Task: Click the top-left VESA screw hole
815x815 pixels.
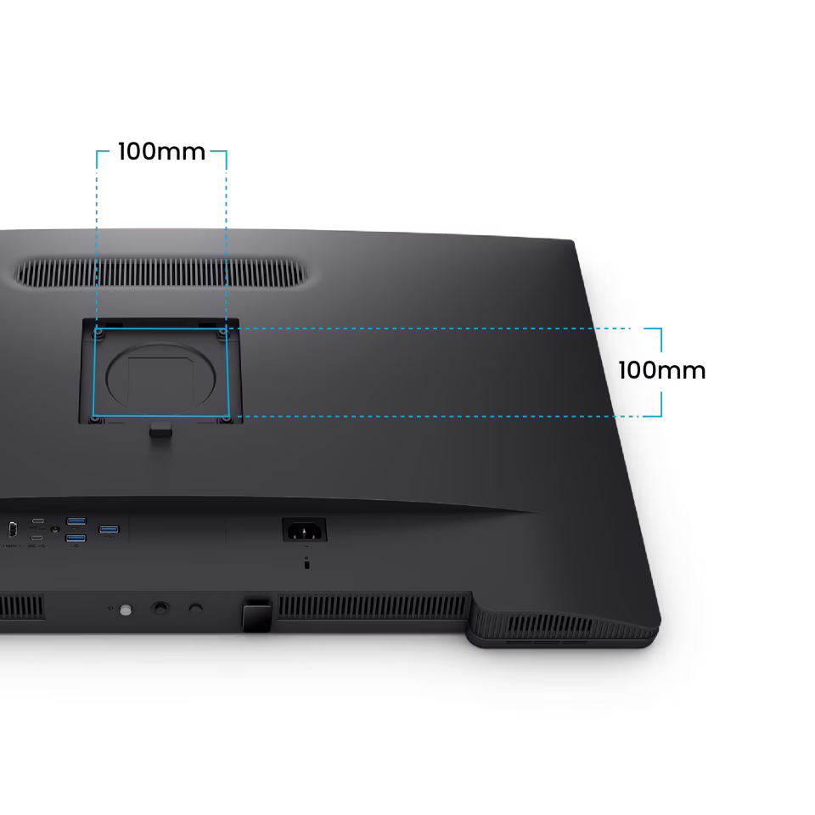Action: click(x=97, y=333)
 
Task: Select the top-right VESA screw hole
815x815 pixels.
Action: click(x=223, y=333)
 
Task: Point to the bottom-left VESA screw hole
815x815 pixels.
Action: click(x=93, y=418)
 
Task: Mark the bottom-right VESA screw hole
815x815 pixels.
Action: click(x=224, y=418)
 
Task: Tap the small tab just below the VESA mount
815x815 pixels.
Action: click(x=160, y=431)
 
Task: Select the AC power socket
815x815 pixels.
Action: click(x=304, y=531)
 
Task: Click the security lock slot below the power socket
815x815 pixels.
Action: click(x=306, y=563)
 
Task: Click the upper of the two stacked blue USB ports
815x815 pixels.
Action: click(x=76, y=520)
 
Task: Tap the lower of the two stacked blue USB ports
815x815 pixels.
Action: click(x=76, y=538)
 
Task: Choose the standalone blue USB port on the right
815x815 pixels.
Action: click(x=109, y=531)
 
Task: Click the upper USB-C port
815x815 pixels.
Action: click(x=38, y=520)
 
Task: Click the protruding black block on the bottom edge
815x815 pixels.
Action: click(x=256, y=613)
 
